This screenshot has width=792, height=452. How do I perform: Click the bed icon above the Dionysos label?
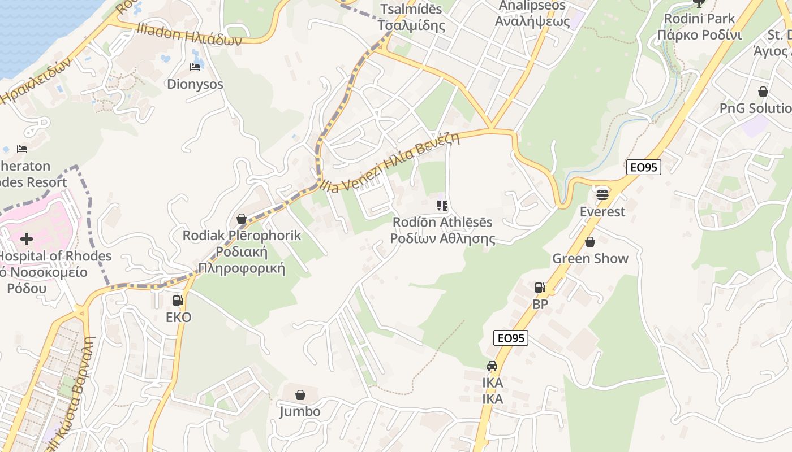pos(195,67)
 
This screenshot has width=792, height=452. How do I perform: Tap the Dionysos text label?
pos(195,84)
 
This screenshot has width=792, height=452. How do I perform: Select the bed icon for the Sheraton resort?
pos(22,149)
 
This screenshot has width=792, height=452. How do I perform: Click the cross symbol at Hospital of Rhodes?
pos(26,239)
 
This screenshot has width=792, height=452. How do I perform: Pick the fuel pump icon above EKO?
pos(178,301)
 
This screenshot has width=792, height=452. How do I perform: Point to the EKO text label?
pos(178,317)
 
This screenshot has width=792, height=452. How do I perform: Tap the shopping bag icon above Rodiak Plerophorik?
pos(242,219)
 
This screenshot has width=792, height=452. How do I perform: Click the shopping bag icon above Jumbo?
pos(300,394)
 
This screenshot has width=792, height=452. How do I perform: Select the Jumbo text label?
pos(300,411)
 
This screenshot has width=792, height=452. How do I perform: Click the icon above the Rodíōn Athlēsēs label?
pos(442,206)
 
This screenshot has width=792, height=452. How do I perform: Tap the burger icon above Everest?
pos(602,195)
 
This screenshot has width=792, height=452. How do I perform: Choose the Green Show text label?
pos(590,258)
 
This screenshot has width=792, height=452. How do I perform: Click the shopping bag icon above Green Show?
pos(590,242)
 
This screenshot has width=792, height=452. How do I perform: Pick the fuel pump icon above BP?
pos(540,288)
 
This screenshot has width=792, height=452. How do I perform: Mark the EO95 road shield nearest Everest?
pos(644,167)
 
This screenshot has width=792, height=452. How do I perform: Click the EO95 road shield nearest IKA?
pos(510,338)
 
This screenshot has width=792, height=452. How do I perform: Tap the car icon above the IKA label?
pos(492,366)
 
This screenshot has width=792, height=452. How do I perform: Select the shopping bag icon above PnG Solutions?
pos(763,92)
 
